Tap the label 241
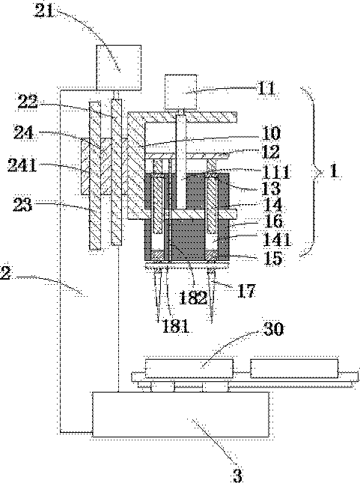coord(22,164)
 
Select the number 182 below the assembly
coord(193,297)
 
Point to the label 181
coord(175,326)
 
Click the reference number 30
coord(273,329)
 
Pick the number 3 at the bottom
coord(237,475)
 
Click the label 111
coord(276,171)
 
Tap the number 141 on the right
coord(277,239)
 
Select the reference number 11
coord(266,88)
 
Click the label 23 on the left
coord(22,204)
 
